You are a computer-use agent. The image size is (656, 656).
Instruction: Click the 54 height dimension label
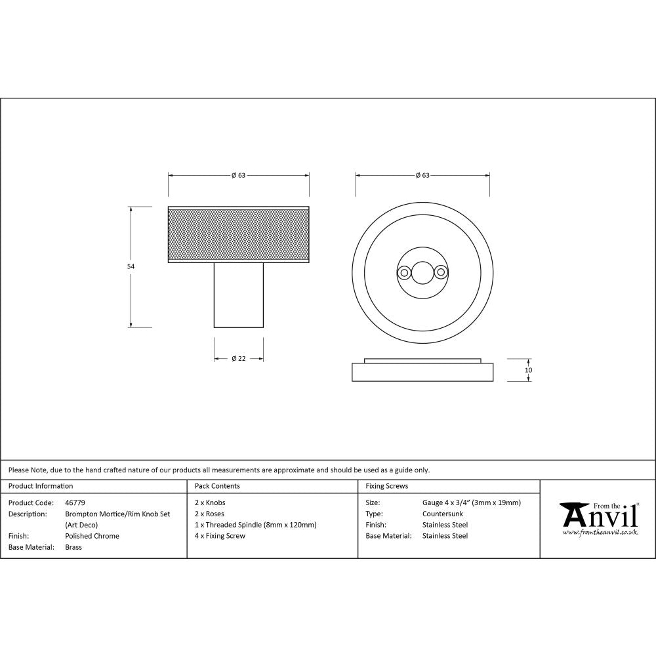(130, 266)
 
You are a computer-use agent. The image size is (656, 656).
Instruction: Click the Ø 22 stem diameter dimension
(238, 358)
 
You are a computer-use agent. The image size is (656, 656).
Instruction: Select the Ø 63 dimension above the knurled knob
(238, 175)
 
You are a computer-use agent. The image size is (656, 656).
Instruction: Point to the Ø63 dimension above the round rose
(422, 175)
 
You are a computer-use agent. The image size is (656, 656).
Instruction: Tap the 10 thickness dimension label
(529, 370)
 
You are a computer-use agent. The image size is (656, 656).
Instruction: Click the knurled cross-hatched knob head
(239, 234)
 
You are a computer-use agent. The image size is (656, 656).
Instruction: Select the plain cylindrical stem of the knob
(239, 295)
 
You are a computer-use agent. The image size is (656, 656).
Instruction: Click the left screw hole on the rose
(405, 270)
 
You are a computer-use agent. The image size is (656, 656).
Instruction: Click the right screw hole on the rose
(440, 270)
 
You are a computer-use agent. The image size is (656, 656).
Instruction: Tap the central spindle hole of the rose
(422, 270)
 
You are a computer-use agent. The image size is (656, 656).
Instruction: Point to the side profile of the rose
(422, 372)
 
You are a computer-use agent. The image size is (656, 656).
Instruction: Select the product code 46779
(75, 502)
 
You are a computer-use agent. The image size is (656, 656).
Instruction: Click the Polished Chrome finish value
(92, 536)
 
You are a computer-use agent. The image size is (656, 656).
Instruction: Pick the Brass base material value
(73, 547)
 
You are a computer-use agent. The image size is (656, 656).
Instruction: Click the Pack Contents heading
(217, 486)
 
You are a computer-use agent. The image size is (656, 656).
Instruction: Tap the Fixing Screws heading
(386, 486)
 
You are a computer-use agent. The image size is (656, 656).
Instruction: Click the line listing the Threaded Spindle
(255, 525)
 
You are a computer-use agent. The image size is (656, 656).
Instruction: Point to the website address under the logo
(600, 533)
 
